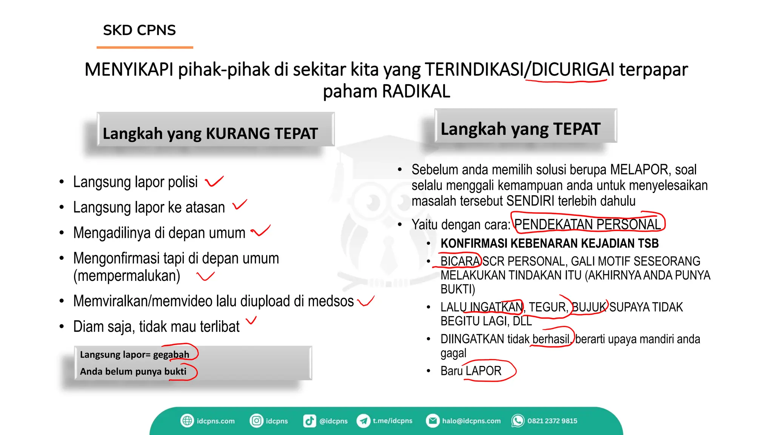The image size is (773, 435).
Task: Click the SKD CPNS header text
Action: pos(139,30)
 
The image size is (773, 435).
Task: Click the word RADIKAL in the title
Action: pos(416,91)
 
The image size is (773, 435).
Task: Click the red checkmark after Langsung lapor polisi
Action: pos(214,182)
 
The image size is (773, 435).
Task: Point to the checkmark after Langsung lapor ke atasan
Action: pos(240,205)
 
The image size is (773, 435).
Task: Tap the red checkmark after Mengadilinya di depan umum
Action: pos(261,231)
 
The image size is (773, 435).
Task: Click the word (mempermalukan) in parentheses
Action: pos(127,276)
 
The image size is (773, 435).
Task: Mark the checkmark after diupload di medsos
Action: pos(366,301)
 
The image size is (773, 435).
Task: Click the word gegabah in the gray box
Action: pos(171,355)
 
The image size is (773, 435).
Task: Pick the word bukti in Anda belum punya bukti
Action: pos(176,372)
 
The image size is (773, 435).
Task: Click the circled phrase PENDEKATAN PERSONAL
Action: pos(587,224)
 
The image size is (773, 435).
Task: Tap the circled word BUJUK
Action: pos(589,307)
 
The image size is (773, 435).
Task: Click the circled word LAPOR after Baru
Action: pos(484,371)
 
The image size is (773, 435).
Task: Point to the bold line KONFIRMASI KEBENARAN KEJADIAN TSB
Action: pos(550,244)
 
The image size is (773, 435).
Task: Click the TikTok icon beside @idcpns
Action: pos(309,421)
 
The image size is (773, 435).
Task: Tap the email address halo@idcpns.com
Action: pos(471,421)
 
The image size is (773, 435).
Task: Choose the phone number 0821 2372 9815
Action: pos(552,421)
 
